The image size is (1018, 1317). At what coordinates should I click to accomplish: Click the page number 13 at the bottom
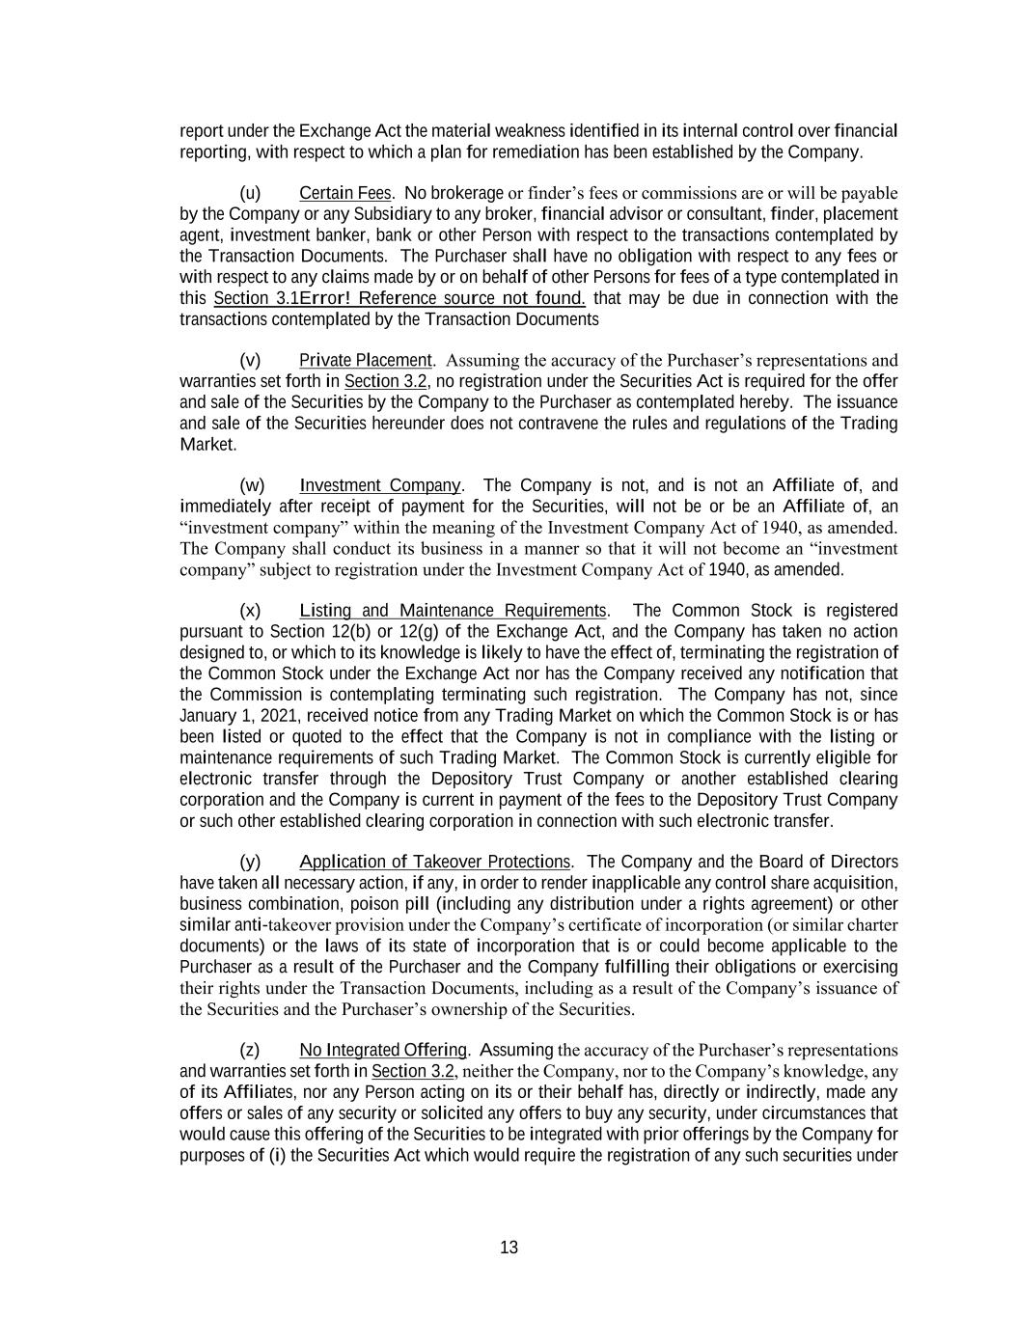[509, 1248]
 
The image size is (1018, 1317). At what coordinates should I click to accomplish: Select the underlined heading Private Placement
[366, 360]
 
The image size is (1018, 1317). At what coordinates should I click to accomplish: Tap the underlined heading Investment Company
[380, 485]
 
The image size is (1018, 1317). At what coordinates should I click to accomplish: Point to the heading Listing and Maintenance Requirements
[454, 611]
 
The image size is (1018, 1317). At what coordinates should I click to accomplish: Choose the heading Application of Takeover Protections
[435, 862]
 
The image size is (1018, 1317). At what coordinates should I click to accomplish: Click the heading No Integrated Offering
[383, 1050]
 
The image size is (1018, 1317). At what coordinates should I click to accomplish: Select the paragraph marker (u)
[250, 193]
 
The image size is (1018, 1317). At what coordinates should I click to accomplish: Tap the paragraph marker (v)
[250, 360]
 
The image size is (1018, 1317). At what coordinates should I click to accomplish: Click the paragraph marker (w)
[251, 485]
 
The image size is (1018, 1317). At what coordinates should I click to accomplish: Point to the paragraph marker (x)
[250, 611]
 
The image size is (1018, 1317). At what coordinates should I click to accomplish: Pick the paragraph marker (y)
[250, 862]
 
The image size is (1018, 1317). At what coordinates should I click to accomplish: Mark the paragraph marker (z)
[250, 1050]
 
